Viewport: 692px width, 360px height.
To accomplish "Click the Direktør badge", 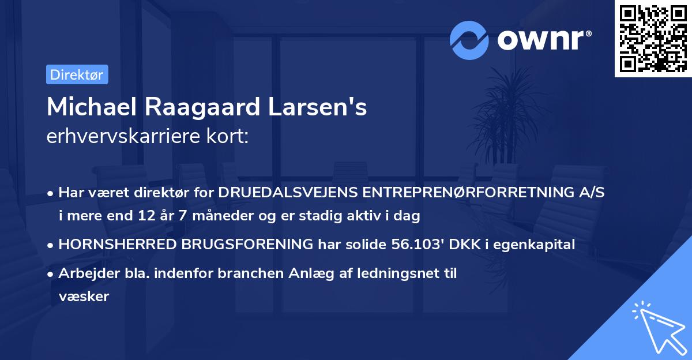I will coord(77,74).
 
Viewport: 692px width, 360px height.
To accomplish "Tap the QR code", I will coord(652,38).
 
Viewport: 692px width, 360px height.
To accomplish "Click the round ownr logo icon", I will coord(469,40).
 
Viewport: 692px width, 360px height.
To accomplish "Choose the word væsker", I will coord(84,296).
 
